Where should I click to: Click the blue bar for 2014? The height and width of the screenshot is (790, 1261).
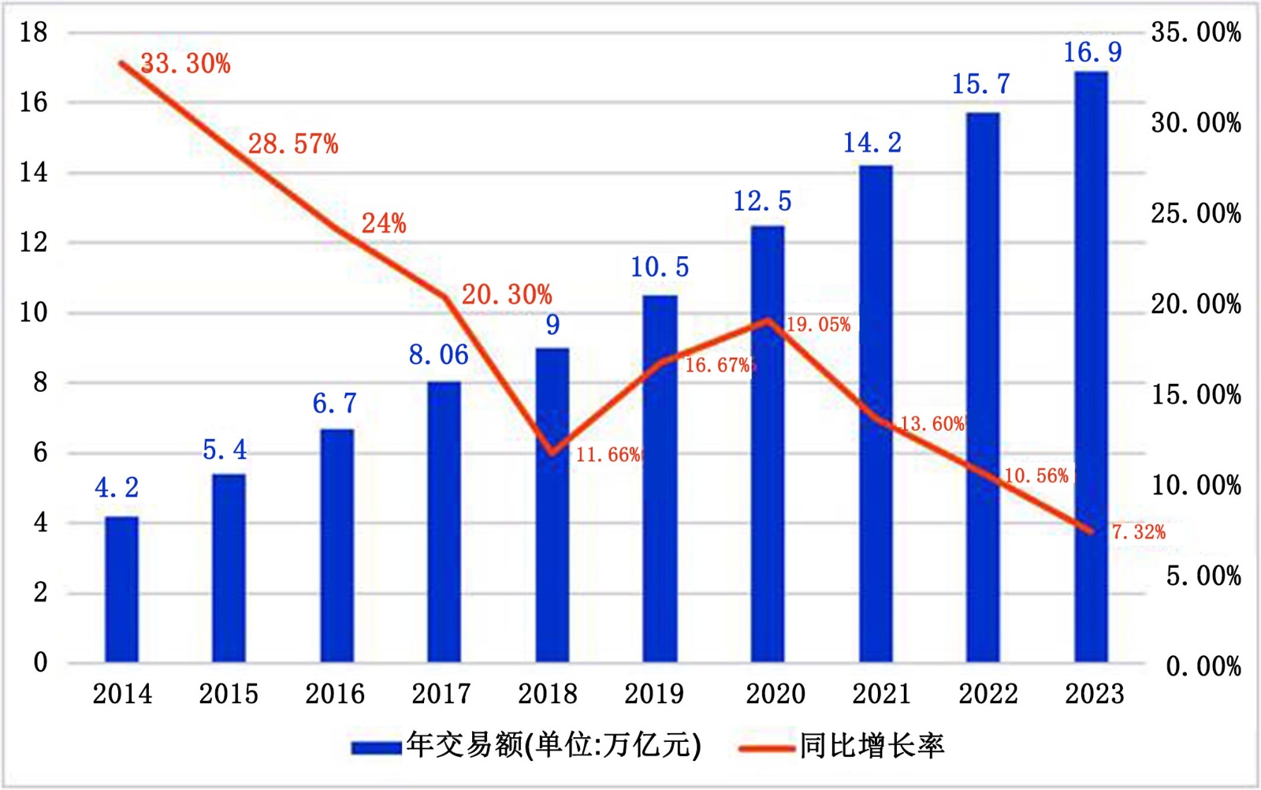[121, 589]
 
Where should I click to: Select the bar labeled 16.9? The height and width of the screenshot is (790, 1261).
[1091, 367]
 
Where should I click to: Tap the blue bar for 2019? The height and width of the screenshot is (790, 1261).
[660, 479]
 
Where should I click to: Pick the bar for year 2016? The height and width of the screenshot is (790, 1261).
[337, 546]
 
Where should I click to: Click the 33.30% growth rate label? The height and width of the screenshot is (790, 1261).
[186, 64]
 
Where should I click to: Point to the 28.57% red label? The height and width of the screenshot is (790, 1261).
[293, 144]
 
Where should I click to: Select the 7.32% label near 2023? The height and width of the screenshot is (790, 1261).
[1138, 532]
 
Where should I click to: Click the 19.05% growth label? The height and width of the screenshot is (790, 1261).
[819, 325]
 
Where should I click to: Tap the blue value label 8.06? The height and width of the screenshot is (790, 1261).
[438, 356]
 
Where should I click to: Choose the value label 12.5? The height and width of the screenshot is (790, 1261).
[762, 202]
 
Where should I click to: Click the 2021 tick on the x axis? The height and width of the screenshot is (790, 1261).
[882, 695]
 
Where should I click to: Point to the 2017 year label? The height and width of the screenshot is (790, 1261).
[441, 695]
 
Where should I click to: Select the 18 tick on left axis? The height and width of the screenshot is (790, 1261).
[34, 32]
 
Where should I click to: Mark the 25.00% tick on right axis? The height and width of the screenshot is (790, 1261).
[1196, 214]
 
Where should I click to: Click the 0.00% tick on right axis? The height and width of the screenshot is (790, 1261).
[1203, 667]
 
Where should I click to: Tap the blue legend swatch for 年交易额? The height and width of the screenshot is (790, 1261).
[376, 747]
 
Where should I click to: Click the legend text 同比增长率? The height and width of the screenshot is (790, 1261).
[872, 746]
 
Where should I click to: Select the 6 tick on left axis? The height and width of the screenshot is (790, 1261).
[40, 453]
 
